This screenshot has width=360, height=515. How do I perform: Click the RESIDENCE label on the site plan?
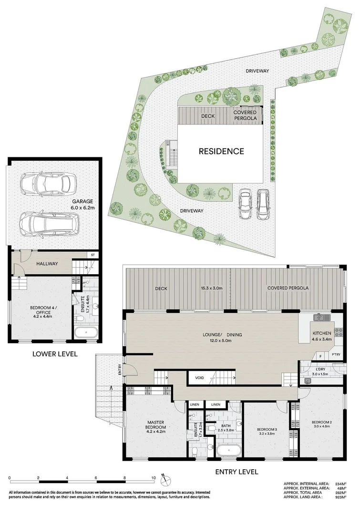pyautogui.click(x=222, y=152)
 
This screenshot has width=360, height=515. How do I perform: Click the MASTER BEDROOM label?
pyautogui.click(x=156, y=425)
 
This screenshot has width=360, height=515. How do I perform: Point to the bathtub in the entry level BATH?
pyautogui.click(x=223, y=451)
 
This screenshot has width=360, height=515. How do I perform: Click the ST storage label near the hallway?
pyautogui.click(x=92, y=256)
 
